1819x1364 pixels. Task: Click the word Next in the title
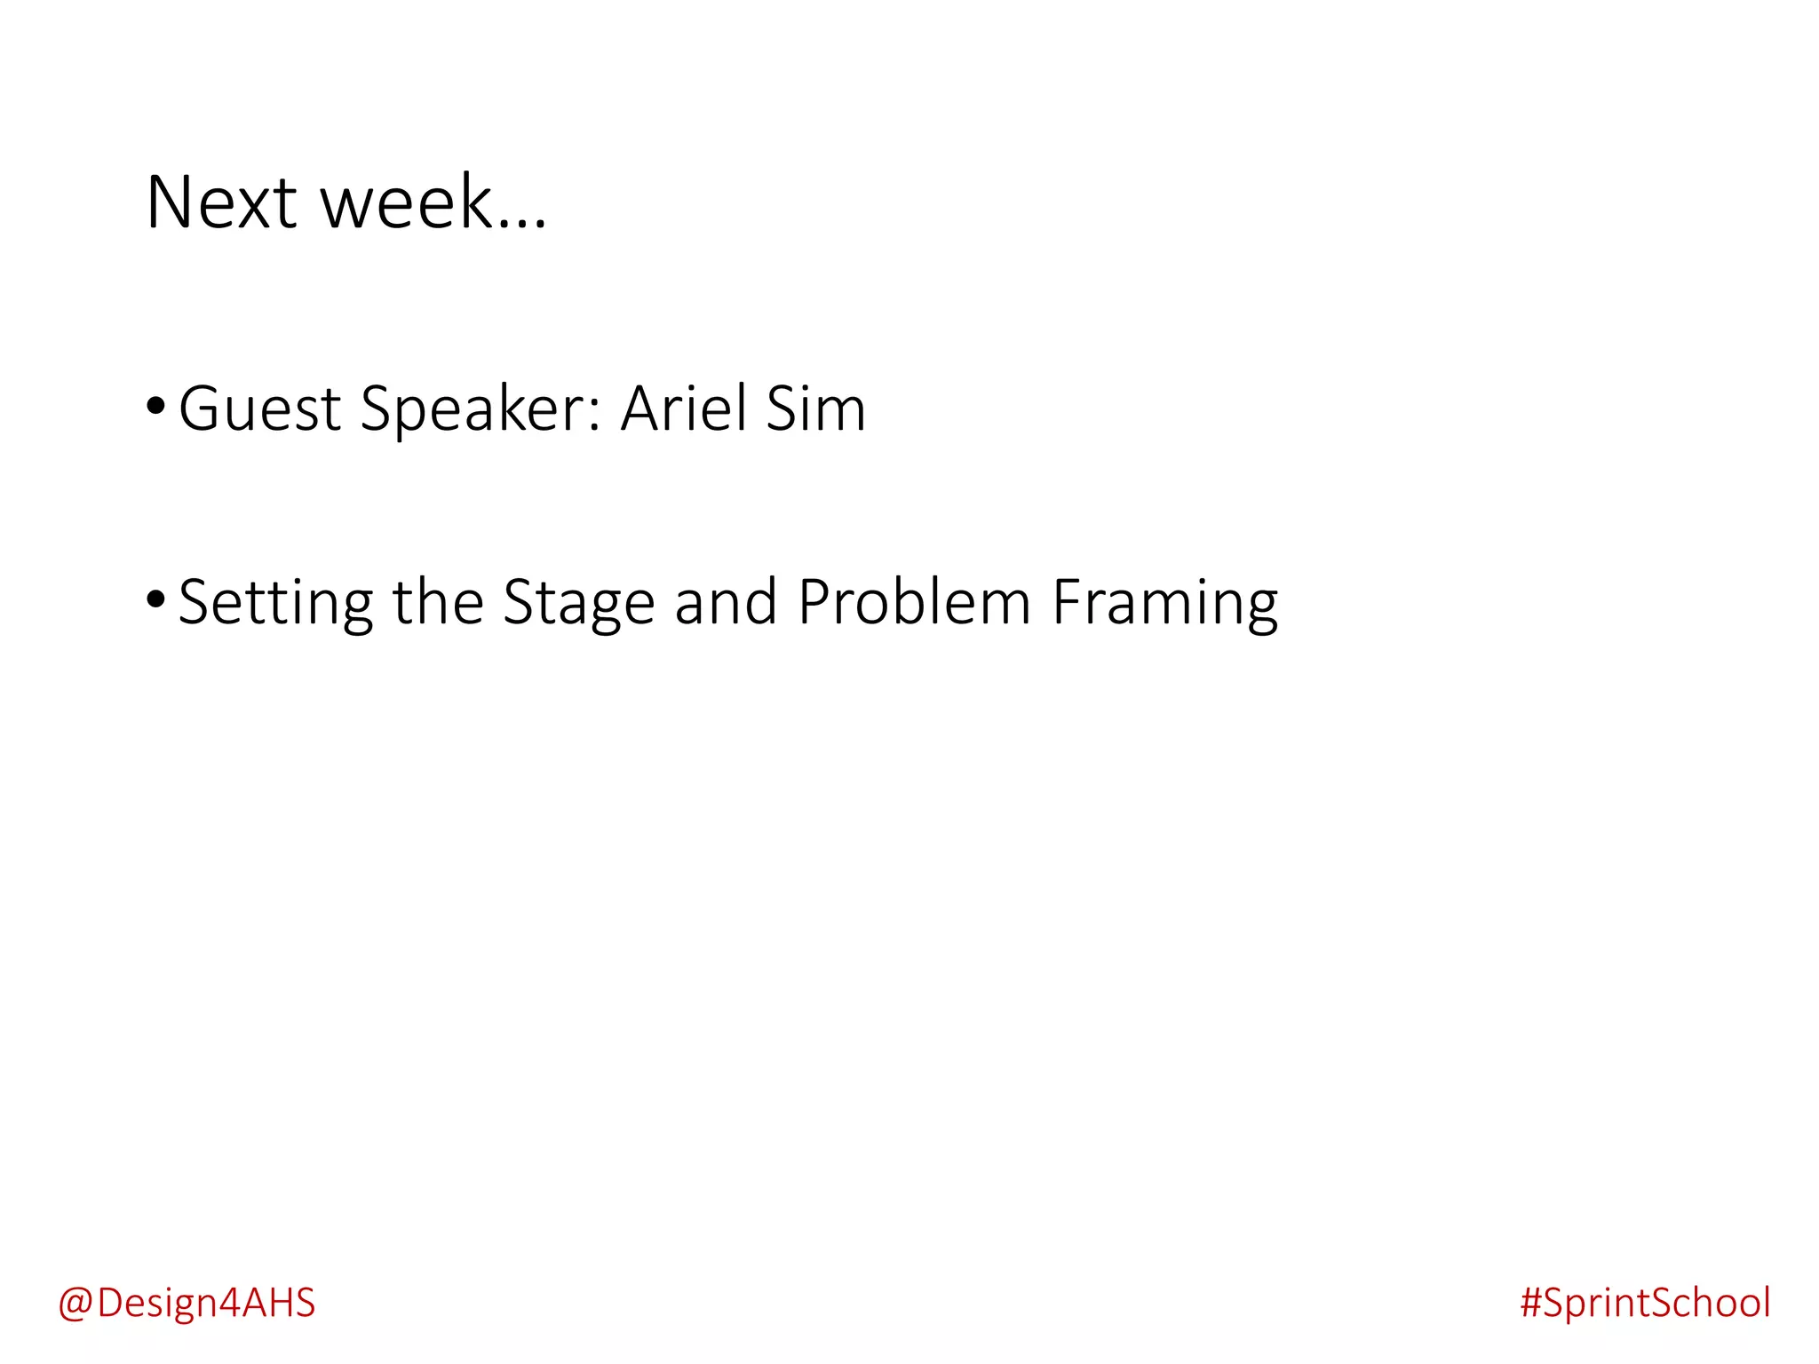pos(221,203)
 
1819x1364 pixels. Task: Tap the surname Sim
pos(815,409)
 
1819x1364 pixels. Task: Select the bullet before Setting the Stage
pos(155,599)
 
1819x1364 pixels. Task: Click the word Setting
pos(275,603)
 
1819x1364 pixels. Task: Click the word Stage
pos(578,603)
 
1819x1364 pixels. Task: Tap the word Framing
pos(1164,603)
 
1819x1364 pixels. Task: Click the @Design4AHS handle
pos(187,1303)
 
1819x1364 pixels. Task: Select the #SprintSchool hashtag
pos(1645,1303)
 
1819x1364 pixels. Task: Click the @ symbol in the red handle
pos(75,1304)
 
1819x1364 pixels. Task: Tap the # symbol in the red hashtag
pos(1530,1303)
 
